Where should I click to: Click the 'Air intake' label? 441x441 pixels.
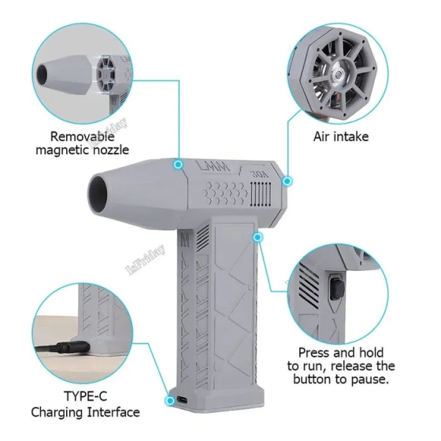pyautogui.click(x=342, y=137)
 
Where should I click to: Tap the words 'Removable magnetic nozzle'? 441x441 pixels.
pyautogui.click(x=89, y=143)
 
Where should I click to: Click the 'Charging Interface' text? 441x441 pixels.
pyautogui.click(x=85, y=412)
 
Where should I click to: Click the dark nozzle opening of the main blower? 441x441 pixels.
pyautogui.click(x=100, y=194)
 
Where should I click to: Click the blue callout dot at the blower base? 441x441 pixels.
pyautogui.click(x=169, y=400)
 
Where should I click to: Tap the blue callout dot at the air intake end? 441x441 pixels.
pyautogui.click(x=287, y=181)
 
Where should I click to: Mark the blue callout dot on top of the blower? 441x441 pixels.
pyautogui.click(x=179, y=164)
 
